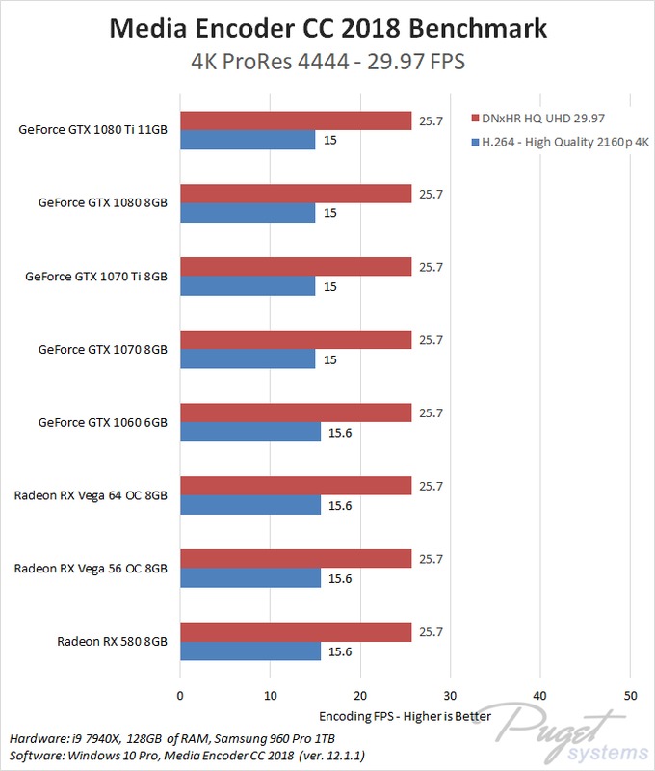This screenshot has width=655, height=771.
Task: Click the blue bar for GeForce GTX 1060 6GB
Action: (250, 433)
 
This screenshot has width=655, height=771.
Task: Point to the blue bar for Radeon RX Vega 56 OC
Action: (250, 578)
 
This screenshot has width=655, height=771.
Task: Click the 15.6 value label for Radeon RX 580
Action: (340, 651)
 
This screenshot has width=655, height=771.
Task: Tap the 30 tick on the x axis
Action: (450, 696)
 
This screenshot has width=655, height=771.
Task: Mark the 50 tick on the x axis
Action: (630, 696)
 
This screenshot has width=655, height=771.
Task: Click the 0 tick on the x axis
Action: (180, 696)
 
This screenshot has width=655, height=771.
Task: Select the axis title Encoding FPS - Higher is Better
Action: (405, 716)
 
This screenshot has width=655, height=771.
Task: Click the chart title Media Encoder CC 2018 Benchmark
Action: (327, 28)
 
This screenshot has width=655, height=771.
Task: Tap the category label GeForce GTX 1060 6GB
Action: (103, 422)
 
